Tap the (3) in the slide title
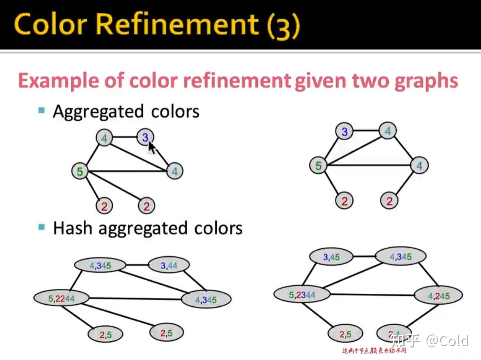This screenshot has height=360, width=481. pyautogui.click(x=283, y=25)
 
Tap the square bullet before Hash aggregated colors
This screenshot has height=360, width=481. pyautogui.click(x=41, y=227)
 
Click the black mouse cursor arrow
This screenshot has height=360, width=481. pyautogui.click(x=152, y=147)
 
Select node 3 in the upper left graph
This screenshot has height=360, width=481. pyautogui.click(x=145, y=138)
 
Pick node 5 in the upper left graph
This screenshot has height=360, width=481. pyautogui.click(x=80, y=171)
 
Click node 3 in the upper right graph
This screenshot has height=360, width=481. pyautogui.click(x=345, y=132)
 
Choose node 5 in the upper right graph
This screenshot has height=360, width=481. pyautogui.click(x=318, y=166)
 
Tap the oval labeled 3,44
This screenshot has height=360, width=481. pyautogui.click(x=169, y=266)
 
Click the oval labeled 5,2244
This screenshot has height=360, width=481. pyautogui.click(x=61, y=299)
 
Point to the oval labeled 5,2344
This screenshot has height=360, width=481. pyautogui.click(x=302, y=295)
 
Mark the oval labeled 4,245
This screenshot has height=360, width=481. pyautogui.click(x=439, y=296)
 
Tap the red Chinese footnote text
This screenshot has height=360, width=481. pyautogui.click(x=374, y=350)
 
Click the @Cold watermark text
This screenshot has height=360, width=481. pyautogui.click(x=447, y=340)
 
